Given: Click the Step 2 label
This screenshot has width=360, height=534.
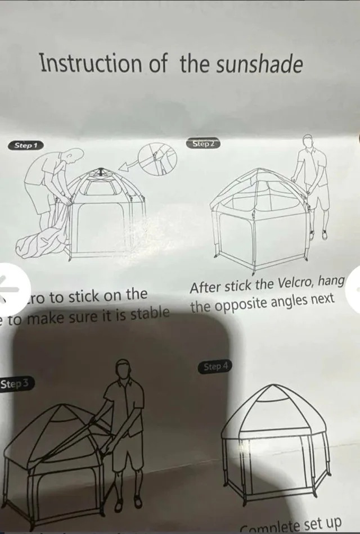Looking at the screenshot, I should [x=203, y=144].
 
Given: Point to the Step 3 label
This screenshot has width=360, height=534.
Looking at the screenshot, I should [x=16, y=384].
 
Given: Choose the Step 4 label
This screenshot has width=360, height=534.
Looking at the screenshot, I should [x=215, y=367].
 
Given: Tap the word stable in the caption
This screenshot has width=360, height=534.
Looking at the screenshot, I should [x=149, y=313].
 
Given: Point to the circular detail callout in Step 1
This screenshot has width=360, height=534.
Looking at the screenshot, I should [x=157, y=159].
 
